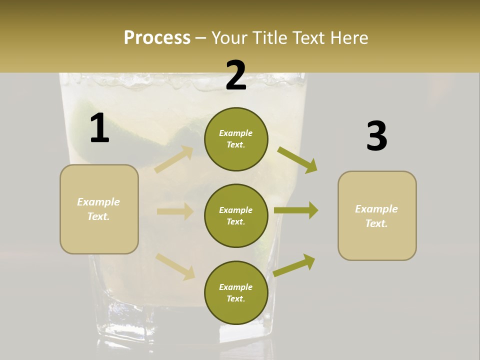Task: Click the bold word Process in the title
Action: [x=157, y=37]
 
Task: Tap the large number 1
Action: [x=99, y=128]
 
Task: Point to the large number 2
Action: [x=236, y=75]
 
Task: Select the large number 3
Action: [x=376, y=136]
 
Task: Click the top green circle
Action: [x=236, y=139]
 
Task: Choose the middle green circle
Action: [x=236, y=215]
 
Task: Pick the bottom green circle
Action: [x=236, y=292]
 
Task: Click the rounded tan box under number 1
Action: [x=99, y=209]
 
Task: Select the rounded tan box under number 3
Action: [x=377, y=215]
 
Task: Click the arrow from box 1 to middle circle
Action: [x=175, y=211]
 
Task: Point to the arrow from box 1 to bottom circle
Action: [x=175, y=266]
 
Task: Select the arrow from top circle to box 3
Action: [x=297, y=160]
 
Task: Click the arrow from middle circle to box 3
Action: [x=296, y=210]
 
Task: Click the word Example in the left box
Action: [x=98, y=202]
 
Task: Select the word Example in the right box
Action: [x=376, y=209]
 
